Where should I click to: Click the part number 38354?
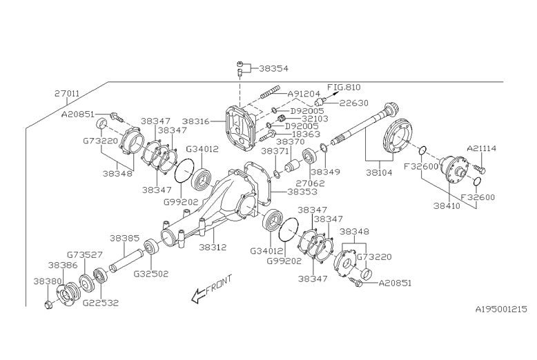[274, 69]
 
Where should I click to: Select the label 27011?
[67, 92]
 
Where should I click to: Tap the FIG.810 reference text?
[344, 88]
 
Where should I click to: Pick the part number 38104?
[379, 173]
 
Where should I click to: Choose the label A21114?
[482, 148]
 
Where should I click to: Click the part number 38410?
[447, 205]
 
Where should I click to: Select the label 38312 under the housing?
[213, 246]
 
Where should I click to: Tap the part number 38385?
[124, 238]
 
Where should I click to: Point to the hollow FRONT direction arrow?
[199, 295]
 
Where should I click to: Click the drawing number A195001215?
[500, 310]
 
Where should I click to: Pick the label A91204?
[304, 94]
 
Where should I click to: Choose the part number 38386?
[61, 265]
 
